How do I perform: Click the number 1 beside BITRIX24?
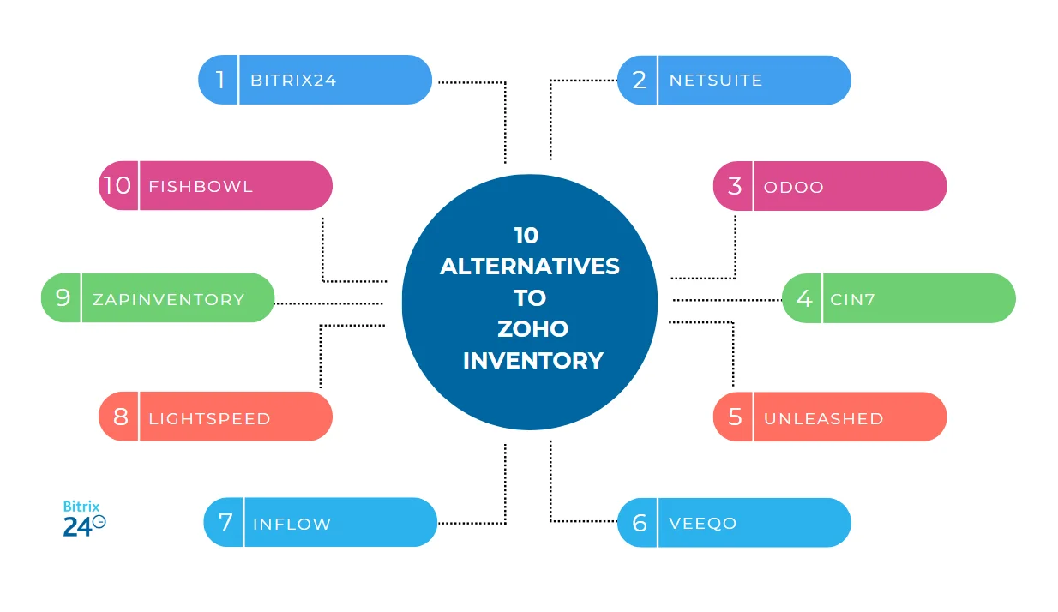coord(220,80)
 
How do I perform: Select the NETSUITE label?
coord(715,81)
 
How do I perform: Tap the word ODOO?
coord(793,187)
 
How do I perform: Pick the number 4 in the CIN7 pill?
coord(803,298)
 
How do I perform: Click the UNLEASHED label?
coord(823,418)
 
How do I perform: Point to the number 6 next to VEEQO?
coord(639,523)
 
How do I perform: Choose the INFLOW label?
coord(292,524)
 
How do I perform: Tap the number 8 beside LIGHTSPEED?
coord(121,417)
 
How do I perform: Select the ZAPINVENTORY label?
coord(169,299)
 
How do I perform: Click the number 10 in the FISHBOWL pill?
coord(117,185)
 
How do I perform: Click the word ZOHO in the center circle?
coord(532,328)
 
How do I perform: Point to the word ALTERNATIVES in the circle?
coord(529,266)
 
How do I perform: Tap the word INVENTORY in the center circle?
coord(532,360)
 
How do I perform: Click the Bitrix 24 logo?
coord(84,519)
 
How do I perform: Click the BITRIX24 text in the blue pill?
coord(293,81)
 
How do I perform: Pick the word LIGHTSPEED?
coord(209,418)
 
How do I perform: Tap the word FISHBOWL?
coord(201,186)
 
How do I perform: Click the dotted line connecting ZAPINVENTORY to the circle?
coord(328,303)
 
